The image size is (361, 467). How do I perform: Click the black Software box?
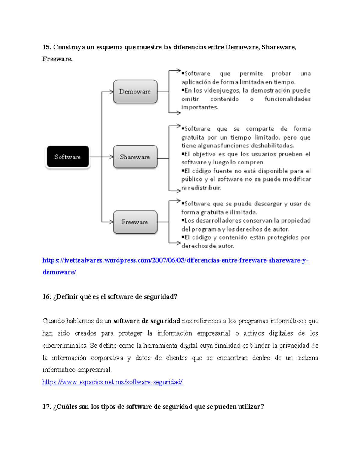[68, 157]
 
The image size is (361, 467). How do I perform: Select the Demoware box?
[135, 91]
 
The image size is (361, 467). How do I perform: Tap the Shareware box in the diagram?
[135, 157]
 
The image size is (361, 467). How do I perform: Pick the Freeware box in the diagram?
[135, 222]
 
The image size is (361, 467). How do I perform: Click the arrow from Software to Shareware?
[101, 157]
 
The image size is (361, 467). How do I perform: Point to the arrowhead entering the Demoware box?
[111, 92]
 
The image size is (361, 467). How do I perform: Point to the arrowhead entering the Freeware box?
[111, 222]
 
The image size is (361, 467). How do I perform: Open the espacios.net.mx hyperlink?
[112, 382]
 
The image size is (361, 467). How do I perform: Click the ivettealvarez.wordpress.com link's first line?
[175, 260]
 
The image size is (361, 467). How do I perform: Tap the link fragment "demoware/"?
[59, 272]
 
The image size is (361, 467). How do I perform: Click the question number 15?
[47, 47]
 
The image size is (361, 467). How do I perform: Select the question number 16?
[47, 297]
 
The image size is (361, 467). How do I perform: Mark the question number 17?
[47, 407]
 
